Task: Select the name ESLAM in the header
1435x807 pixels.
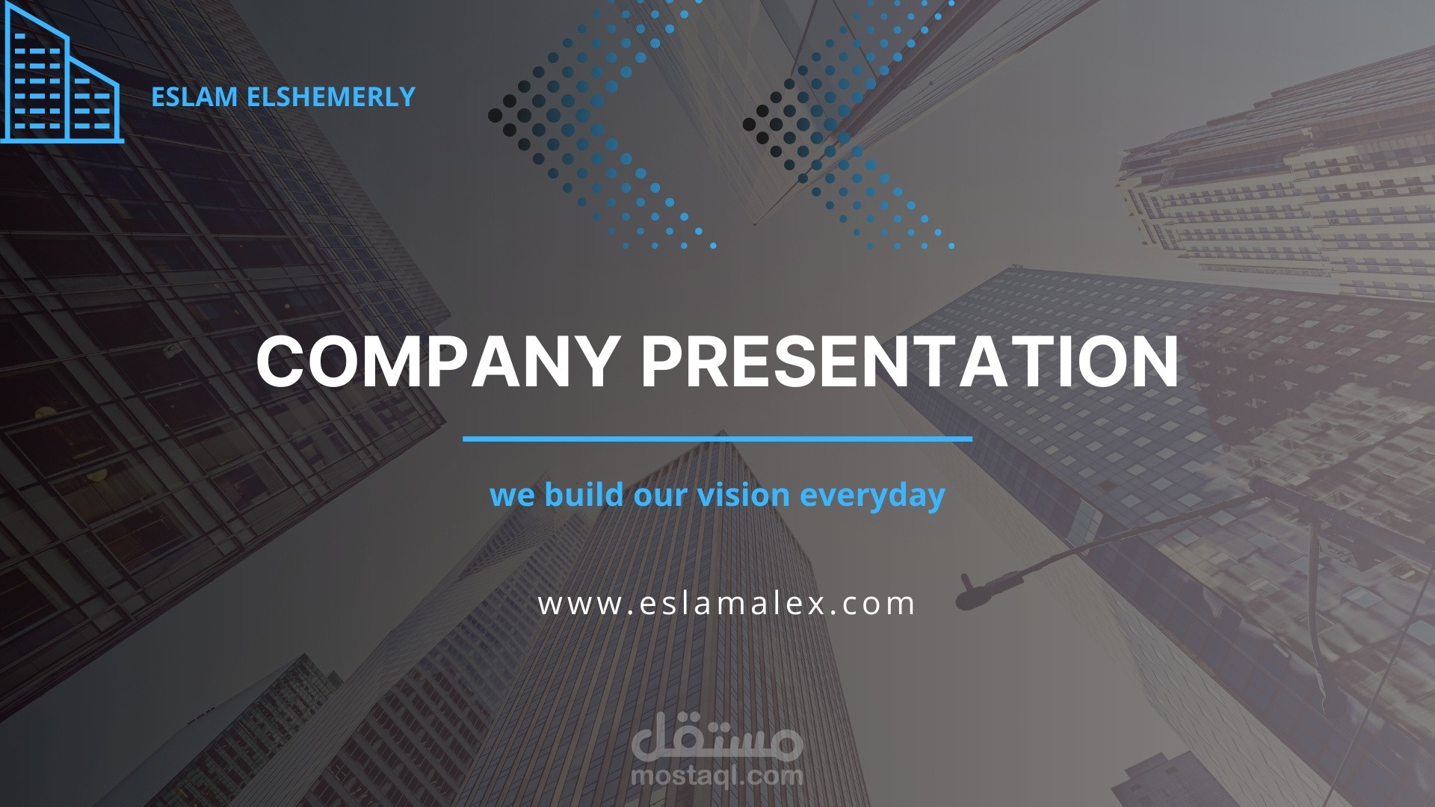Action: pos(184,97)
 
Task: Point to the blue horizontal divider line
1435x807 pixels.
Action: pos(717,439)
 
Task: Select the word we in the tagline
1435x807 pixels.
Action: pos(513,495)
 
